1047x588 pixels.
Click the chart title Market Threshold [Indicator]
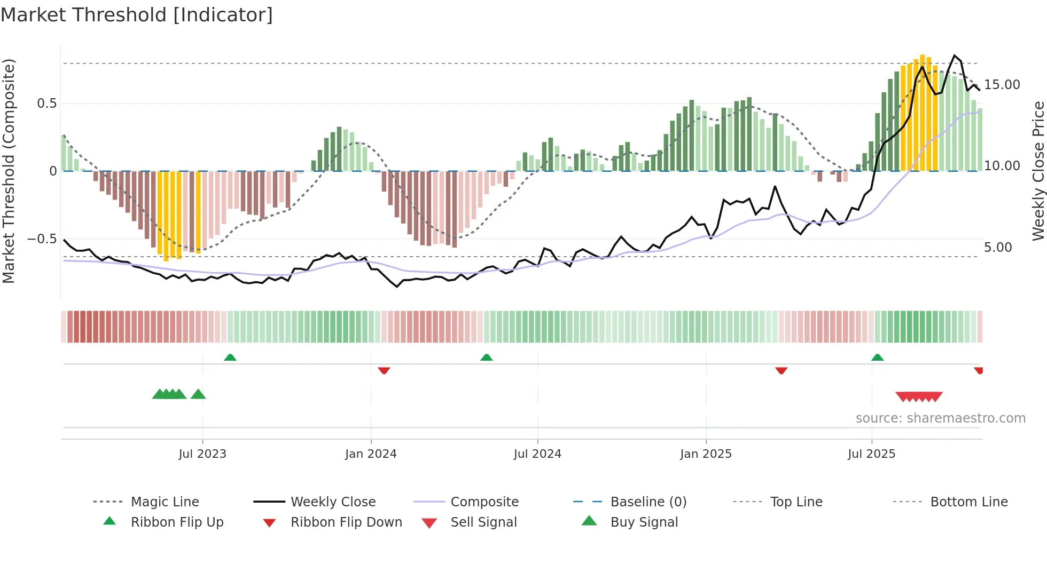coord(137,15)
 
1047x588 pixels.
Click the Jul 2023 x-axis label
coord(202,454)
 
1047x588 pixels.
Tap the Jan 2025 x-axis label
coord(706,454)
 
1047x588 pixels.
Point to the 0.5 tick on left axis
coord(47,104)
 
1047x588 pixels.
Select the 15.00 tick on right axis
coord(1002,85)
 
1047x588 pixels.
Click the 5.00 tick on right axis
coord(998,248)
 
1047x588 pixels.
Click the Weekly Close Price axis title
coord(1038,171)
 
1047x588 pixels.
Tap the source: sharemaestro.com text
coord(940,418)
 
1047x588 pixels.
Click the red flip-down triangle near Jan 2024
coord(384,370)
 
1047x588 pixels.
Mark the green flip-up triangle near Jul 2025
coord(877,357)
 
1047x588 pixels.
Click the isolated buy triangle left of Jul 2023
coord(198,394)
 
